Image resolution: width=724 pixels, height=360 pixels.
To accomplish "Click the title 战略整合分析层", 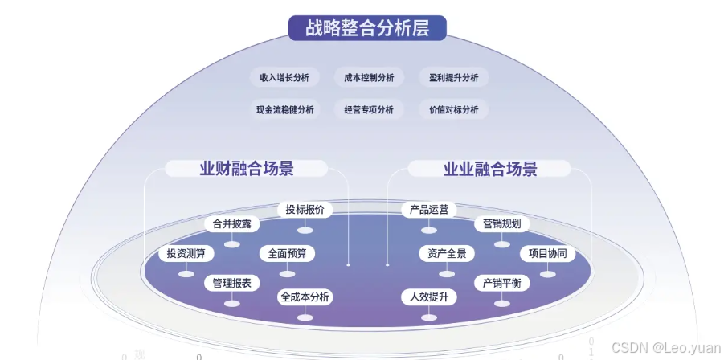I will pyautogui.click(x=367, y=27).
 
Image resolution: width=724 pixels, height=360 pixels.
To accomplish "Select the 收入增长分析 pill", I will pyautogui.click(x=284, y=78).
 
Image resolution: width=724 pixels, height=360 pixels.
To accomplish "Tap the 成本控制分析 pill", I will pyautogui.click(x=369, y=78).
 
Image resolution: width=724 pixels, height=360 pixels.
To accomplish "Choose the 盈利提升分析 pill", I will pyautogui.click(x=453, y=78).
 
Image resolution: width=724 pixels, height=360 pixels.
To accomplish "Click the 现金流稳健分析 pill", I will pyautogui.click(x=284, y=110).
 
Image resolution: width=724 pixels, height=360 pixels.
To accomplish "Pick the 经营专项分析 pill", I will pyautogui.click(x=369, y=110).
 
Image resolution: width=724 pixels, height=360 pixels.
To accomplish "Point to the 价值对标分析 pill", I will pyautogui.click(x=453, y=110).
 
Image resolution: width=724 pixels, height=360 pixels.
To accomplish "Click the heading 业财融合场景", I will pyautogui.click(x=247, y=169).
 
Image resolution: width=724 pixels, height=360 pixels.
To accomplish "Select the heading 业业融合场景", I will pyautogui.click(x=490, y=169).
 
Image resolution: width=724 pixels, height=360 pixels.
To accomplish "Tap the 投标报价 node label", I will pyautogui.click(x=305, y=210).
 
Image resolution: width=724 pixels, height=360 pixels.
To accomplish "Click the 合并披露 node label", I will pyautogui.click(x=231, y=223).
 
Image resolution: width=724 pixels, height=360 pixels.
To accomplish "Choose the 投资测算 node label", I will pyautogui.click(x=186, y=254).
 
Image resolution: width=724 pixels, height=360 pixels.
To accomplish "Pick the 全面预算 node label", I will pyautogui.click(x=287, y=253).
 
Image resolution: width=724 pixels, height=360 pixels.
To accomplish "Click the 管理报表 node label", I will pyautogui.click(x=231, y=283).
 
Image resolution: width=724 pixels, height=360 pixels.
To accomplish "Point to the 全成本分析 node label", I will pyautogui.click(x=305, y=297).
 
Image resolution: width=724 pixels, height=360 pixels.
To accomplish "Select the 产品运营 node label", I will pyautogui.click(x=428, y=210).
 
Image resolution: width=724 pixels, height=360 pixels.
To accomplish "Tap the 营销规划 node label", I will pyautogui.click(x=502, y=223).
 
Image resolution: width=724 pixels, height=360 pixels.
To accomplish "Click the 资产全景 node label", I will pyautogui.click(x=447, y=254).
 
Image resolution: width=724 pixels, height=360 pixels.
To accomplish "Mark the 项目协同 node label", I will pyautogui.click(x=547, y=254).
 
